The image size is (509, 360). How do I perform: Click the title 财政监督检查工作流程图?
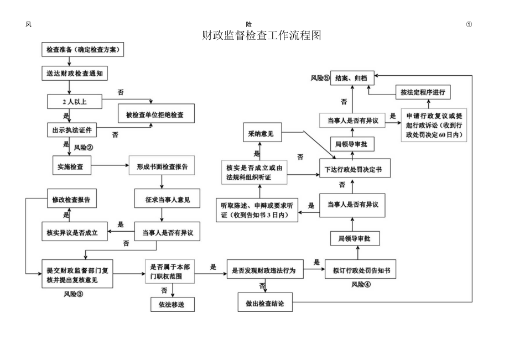click(262, 36)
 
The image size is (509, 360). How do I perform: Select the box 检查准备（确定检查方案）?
click(82, 50)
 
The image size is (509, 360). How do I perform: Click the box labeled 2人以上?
click(74, 102)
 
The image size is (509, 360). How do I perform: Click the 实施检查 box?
click(70, 166)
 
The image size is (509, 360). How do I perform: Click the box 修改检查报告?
click(71, 199)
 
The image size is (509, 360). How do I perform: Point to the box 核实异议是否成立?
click(71, 232)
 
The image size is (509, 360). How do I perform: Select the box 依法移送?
click(173, 304)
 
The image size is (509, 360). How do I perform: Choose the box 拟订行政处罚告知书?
click(361, 270)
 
